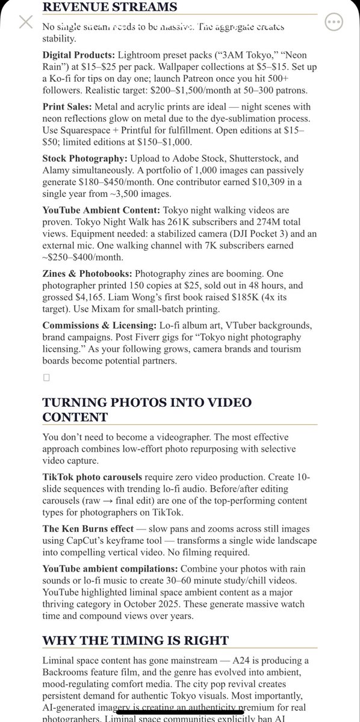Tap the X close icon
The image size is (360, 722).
pos(25,23)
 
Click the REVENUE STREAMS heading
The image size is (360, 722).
pos(110,7)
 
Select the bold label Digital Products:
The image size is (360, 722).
pos(79,55)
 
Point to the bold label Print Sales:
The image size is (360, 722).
pos(67,106)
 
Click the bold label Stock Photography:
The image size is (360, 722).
pos(85,158)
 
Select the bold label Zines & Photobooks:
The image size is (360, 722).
pos(87,273)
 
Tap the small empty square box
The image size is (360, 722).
pos(46,377)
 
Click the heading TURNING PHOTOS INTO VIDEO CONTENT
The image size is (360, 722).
pos(147,410)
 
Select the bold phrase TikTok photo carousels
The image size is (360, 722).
pos(93,476)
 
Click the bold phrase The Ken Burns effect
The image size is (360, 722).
pos(89,529)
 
